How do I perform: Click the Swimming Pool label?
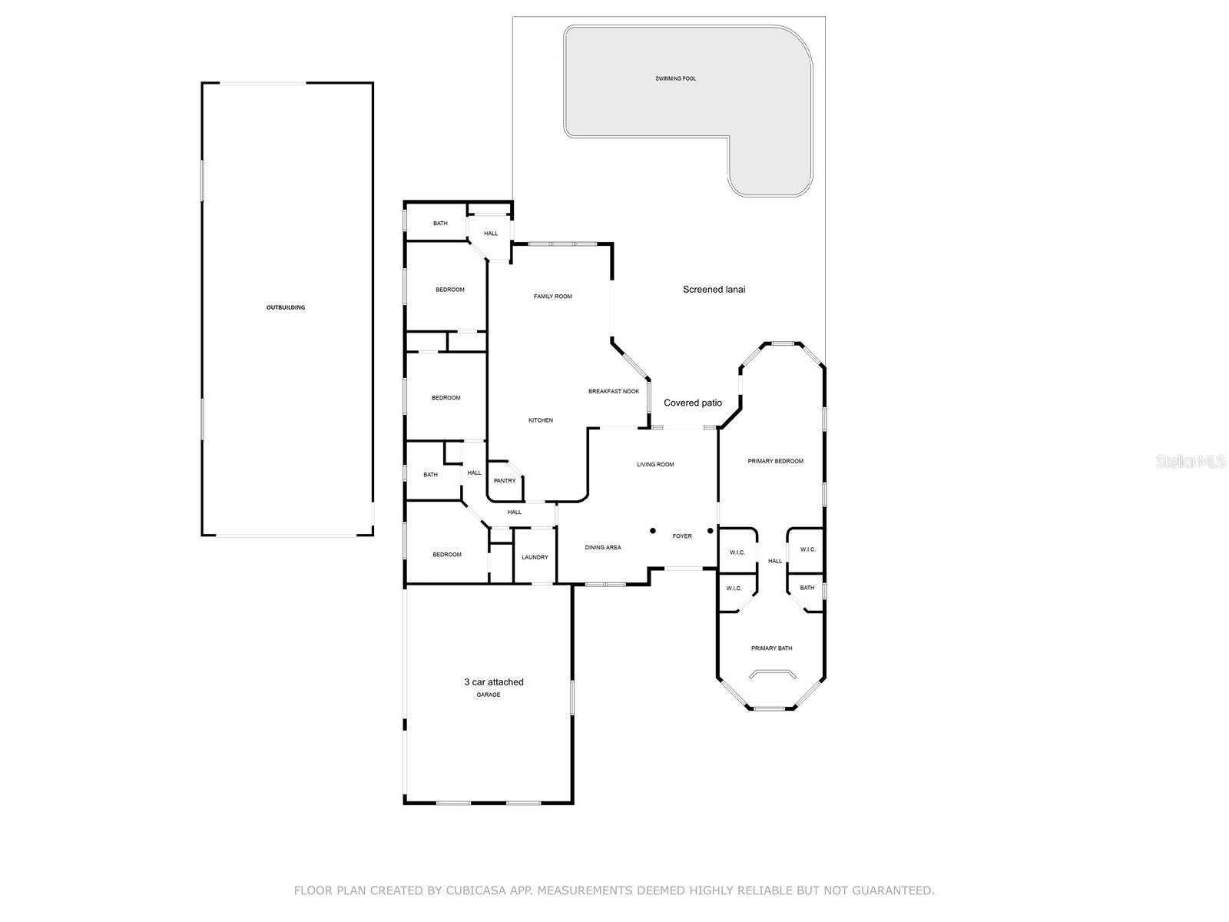(675, 78)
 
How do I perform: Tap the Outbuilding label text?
(286, 307)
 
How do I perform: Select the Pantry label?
(505, 481)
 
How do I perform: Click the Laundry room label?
(535, 557)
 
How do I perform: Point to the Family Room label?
(552, 297)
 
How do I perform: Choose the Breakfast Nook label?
(614, 391)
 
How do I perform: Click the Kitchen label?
(540, 420)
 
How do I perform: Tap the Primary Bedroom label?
(775, 461)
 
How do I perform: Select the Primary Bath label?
(771, 648)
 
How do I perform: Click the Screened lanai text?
(714, 290)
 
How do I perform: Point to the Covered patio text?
(692, 403)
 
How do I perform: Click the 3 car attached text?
(493, 682)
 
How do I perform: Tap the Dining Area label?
(603, 548)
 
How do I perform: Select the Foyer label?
(681, 536)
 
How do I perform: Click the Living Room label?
(654, 465)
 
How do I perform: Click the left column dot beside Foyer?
(653, 530)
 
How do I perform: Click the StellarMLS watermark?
(1189, 461)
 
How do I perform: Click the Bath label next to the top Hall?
(440, 224)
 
